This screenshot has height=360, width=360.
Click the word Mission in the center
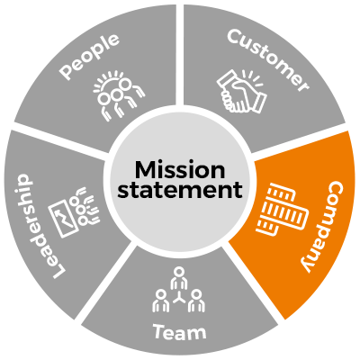pos(180,170)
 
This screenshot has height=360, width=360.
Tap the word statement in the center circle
pos(180,190)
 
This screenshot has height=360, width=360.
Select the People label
pos(89,56)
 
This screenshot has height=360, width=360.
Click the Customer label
pos(268,59)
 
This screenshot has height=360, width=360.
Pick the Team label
pos(180,332)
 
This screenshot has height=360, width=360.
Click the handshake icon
pos(241,92)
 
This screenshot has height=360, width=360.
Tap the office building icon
pos(282,209)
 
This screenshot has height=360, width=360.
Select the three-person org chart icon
pos(179,290)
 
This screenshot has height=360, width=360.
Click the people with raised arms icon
pos(118,94)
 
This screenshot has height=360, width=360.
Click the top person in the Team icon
pos(179,278)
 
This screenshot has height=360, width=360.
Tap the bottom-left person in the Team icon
pos(161,301)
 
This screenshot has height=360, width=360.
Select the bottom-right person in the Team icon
pos(197,301)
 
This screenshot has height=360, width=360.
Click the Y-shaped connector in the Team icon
pos(179,298)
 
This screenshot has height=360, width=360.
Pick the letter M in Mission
pos(145,170)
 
